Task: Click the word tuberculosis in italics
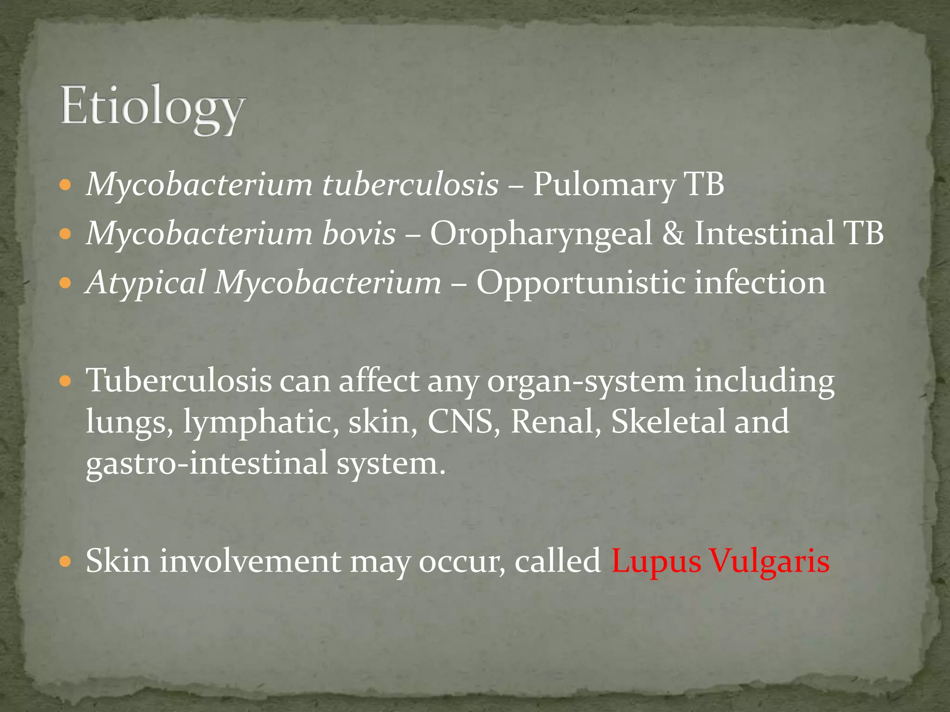coord(410,184)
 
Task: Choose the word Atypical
coord(147,283)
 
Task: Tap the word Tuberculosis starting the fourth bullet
coord(179,381)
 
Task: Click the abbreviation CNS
coord(460,422)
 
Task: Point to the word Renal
coord(552,422)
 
